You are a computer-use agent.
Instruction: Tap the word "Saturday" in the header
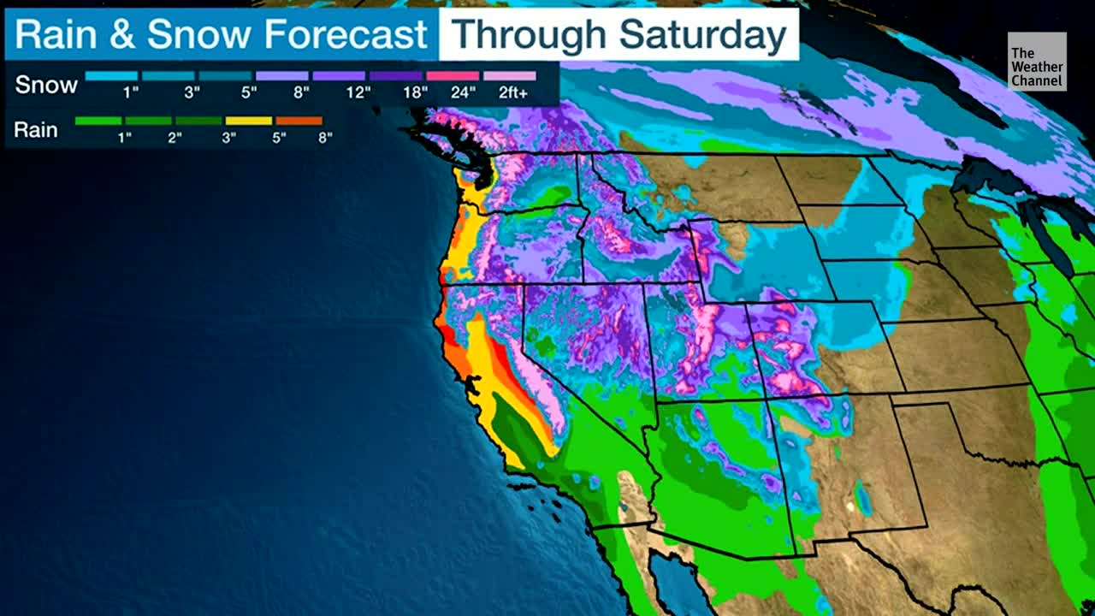click(702, 35)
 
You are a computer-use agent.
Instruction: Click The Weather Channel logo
click(1037, 62)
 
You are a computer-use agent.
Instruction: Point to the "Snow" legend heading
click(46, 85)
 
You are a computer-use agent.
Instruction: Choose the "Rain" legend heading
click(36, 130)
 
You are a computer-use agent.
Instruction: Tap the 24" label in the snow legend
click(463, 92)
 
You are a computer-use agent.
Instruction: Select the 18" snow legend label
click(415, 92)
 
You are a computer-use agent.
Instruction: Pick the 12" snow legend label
click(358, 92)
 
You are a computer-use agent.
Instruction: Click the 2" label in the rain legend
click(175, 137)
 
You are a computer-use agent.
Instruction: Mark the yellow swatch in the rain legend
click(248, 121)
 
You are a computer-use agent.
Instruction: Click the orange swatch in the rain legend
click(299, 121)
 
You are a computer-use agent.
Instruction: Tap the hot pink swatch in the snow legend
click(453, 75)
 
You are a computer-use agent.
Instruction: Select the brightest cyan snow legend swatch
click(111, 75)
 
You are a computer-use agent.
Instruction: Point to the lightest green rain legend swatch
click(98, 121)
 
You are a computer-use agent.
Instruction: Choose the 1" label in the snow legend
click(131, 92)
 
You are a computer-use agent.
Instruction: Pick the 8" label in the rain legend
click(325, 137)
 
